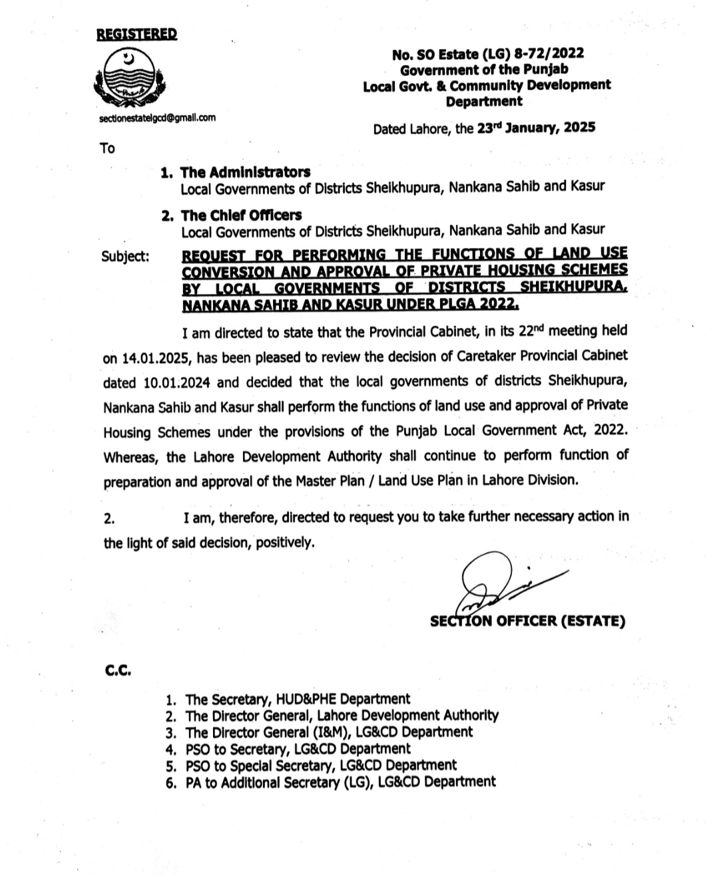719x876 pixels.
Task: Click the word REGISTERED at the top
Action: point(136,35)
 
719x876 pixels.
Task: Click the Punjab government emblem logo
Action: point(129,78)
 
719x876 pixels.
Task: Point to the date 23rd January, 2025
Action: point(536,128)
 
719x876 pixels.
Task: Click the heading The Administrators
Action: point(245,172)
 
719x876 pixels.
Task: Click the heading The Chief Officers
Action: point(241,215)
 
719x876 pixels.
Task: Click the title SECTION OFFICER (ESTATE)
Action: point(527,621)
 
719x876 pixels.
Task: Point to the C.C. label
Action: point(118,671)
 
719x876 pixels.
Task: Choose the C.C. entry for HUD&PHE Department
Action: point(298,699)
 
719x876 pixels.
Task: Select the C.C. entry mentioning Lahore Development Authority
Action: point(342,716)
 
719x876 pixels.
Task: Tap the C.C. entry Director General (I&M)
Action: point(329,732)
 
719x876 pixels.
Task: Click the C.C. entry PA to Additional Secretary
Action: point(340,782)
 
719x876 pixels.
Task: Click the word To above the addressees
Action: point(107,148)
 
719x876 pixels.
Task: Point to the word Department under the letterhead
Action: point(484,102)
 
